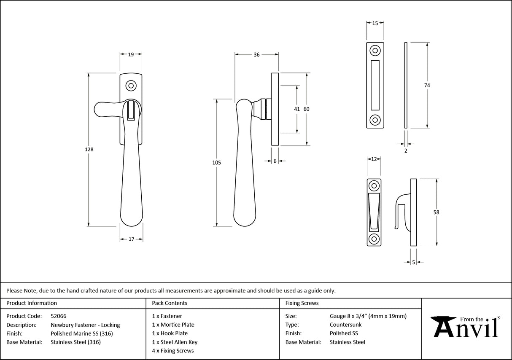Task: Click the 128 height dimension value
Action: coord(89,150)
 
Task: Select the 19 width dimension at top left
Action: coord(131,54)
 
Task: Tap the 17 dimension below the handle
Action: coord(131,239)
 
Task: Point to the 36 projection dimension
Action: coord(256,54)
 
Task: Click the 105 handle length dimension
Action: coord(217,163)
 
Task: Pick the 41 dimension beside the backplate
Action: coord(297,109)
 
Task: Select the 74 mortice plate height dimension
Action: coord(427,85)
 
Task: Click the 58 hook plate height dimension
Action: coord(436,212)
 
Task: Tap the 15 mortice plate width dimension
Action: coord(375,24)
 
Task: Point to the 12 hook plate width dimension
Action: coord(374,159)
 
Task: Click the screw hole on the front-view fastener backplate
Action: coord(131,86)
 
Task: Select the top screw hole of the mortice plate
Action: coord(375,51)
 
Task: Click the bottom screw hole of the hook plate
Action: coord(374,238)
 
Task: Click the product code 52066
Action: coord(58,316)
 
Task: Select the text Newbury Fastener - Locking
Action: coord(85,325)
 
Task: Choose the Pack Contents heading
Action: coord(170,303)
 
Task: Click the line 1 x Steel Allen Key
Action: coord(175,342)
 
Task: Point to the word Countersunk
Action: coord(345,325)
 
